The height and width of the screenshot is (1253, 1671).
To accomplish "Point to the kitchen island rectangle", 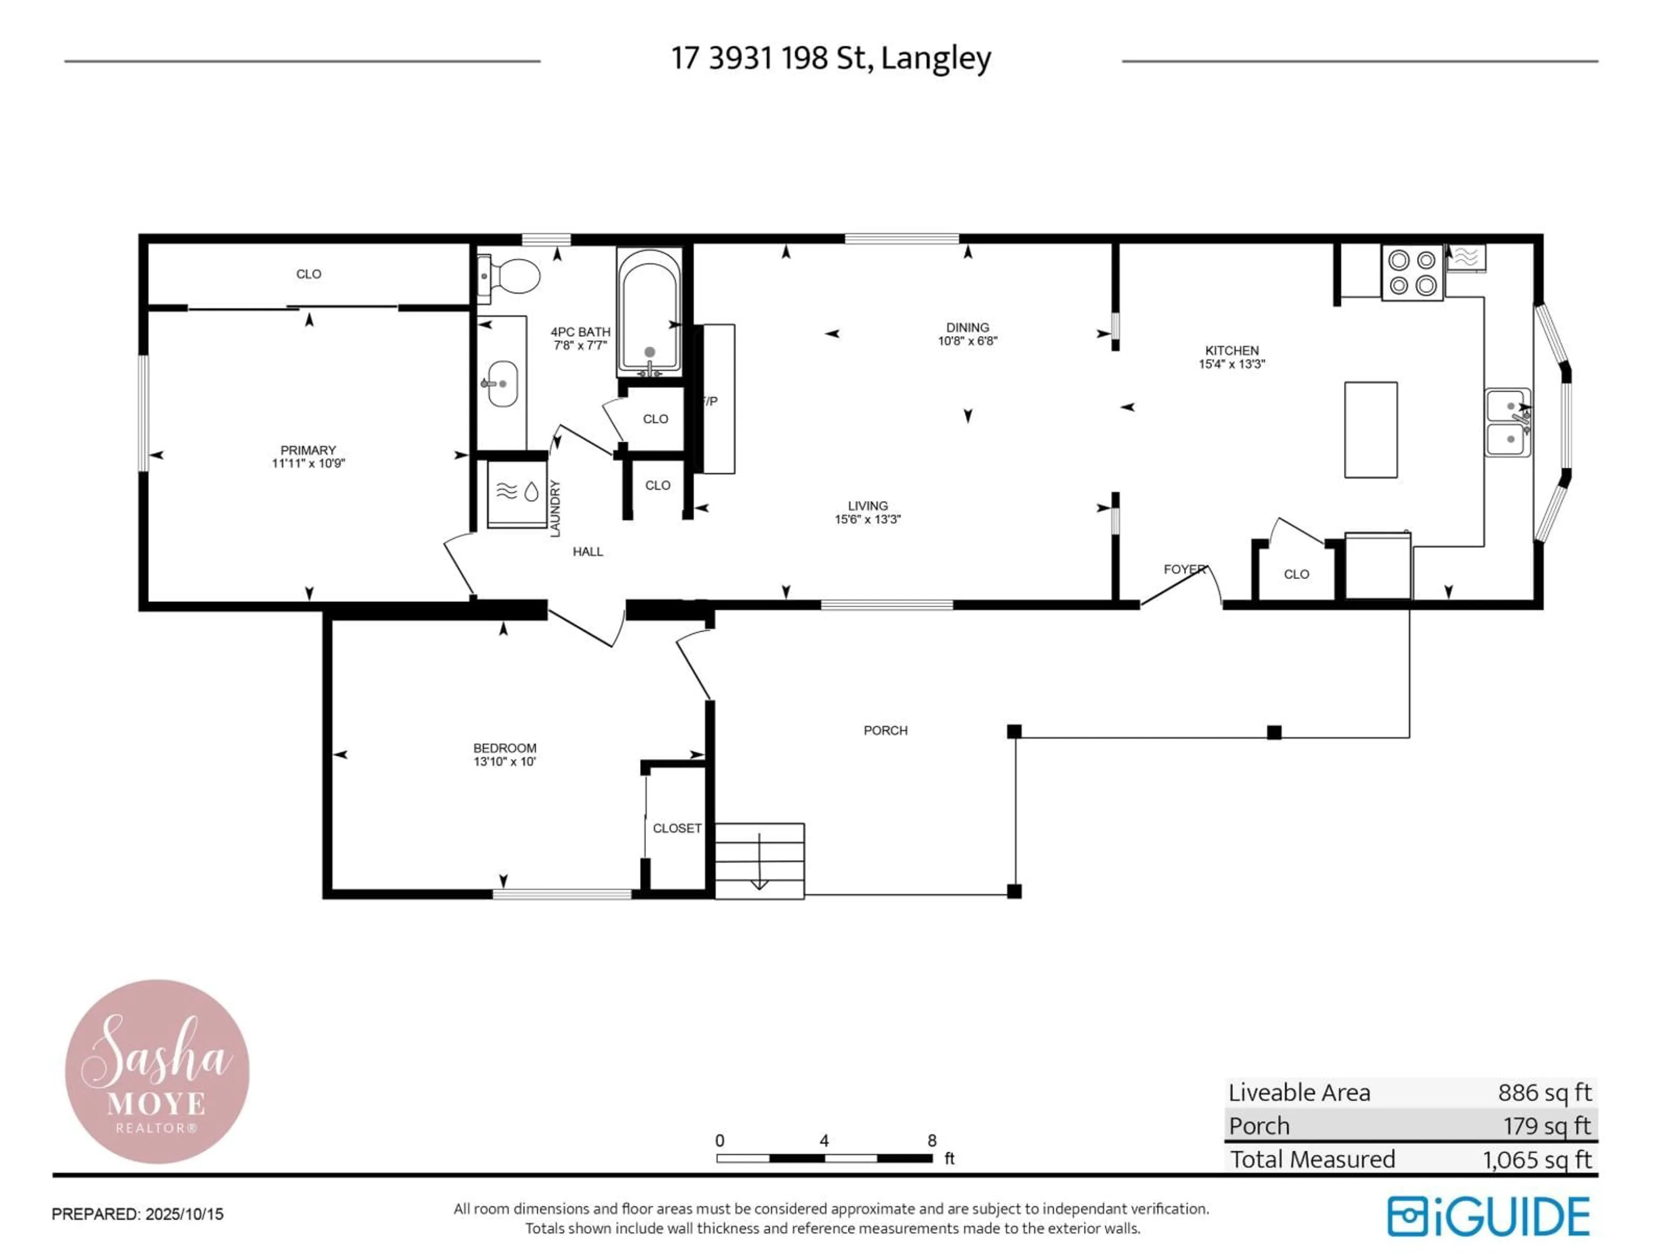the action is pos(1370,430).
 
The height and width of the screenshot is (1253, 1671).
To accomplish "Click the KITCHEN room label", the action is pos(1231,350).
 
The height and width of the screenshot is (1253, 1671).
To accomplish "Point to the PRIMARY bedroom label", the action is pos(308,450).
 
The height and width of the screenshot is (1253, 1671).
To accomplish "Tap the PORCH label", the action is pos(886,730).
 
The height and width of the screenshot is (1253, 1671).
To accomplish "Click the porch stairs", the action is pos(759,861).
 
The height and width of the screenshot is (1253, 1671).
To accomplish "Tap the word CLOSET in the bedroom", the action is pos(677,828).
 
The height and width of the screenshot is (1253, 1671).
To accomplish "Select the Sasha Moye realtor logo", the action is pos(157,1072).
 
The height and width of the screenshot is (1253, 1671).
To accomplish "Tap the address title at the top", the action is pos(831,58).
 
